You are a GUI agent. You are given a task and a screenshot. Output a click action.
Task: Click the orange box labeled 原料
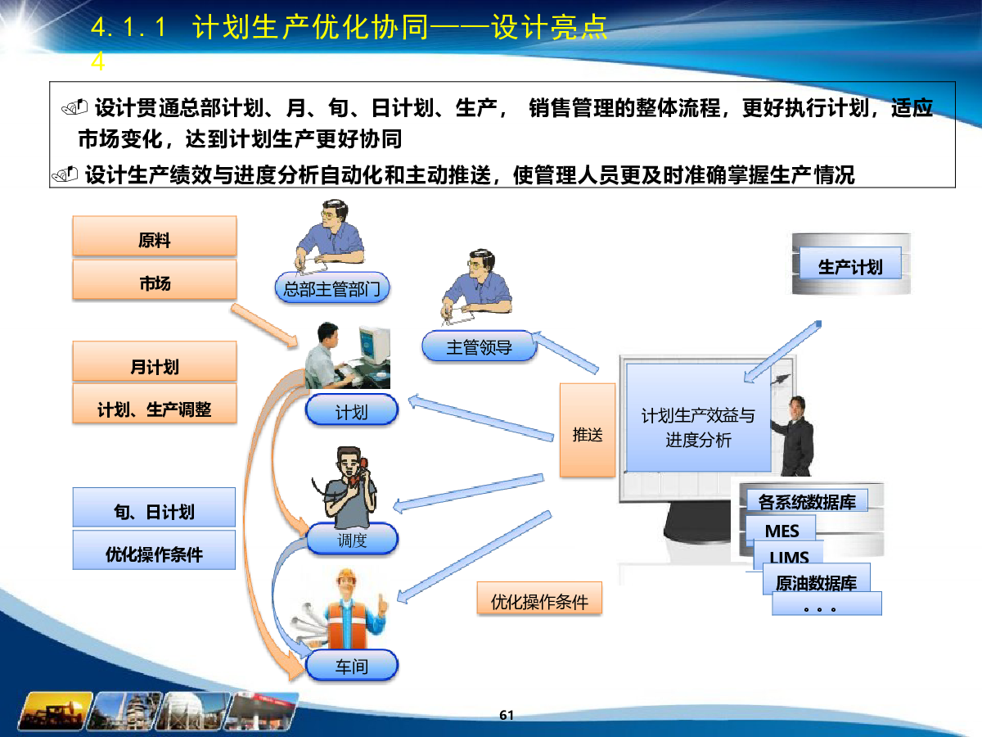[155, 236]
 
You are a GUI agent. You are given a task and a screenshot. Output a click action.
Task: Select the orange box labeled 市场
[155, 280]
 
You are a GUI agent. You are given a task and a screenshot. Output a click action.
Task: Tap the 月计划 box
[155, 361]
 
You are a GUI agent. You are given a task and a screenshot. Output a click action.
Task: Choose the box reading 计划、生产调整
[155, 403]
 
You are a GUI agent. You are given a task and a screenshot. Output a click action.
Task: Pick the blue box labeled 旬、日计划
[155, 507]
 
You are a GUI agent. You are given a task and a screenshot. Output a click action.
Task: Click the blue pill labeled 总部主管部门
[332, 287]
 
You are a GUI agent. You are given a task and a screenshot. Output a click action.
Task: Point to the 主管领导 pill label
[480, 346]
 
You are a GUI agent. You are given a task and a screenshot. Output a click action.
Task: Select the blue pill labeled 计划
[352, 409]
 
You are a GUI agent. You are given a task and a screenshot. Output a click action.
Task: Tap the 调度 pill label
[352, 539]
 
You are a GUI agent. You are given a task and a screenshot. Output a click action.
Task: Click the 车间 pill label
[352, 666]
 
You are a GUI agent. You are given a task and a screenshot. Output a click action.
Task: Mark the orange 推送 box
[588, 430]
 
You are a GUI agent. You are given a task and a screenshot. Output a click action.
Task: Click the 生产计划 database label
[850, 263]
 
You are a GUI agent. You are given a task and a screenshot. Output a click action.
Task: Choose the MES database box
[782, 531]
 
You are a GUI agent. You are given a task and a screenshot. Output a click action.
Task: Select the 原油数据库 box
[817, 580]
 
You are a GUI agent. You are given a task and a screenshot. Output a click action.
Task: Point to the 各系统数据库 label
[807, 500]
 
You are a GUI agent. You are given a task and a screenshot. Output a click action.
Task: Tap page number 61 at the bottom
[507, 715]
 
